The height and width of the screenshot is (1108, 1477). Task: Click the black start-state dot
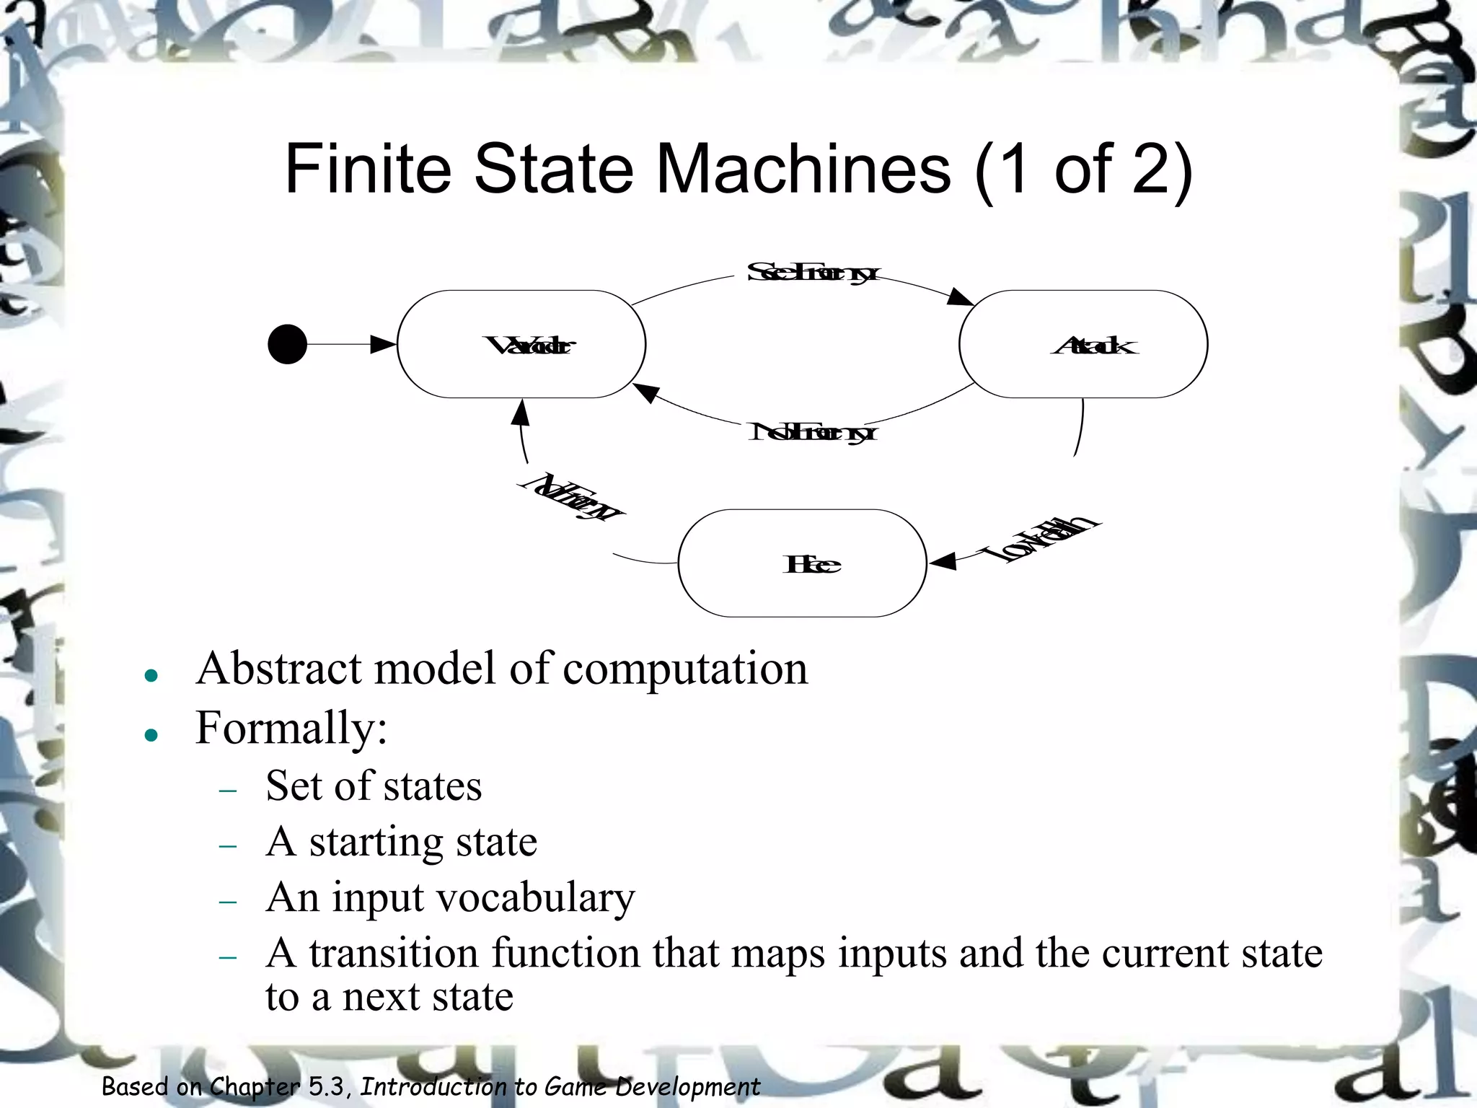[287, 344]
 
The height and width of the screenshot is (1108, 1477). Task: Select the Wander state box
[521, 344]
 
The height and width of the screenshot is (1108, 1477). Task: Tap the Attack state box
[1083, 344]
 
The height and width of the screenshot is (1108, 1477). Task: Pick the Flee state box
[802, 563]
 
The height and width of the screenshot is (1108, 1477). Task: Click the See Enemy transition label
[812, 273]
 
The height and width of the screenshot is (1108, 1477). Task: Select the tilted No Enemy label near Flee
[574, 498]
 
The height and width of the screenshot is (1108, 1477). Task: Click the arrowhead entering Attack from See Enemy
[961, 297]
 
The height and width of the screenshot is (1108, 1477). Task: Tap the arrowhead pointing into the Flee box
[942, 561]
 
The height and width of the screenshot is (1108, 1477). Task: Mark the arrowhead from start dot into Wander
[383, 344]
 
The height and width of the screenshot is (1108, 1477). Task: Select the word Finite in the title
[367, 170]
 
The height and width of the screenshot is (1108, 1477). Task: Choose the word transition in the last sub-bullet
[394, 954]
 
